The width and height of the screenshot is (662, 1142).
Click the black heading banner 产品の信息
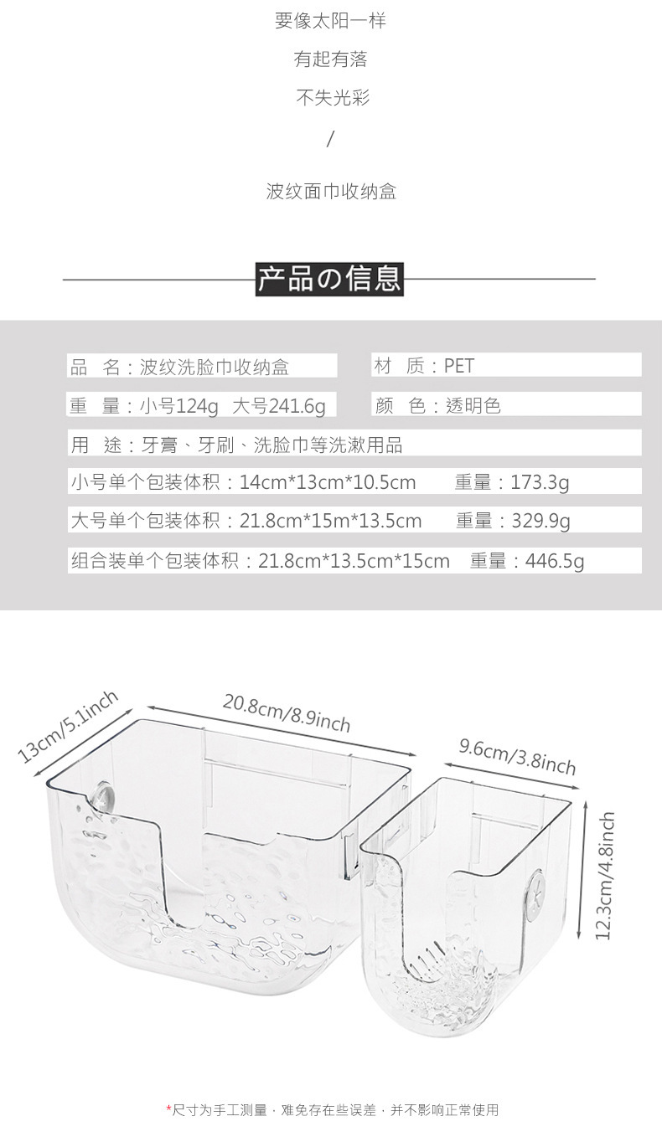[329, 279]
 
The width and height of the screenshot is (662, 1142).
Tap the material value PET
[459, 366]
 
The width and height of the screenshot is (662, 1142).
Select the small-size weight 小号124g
[178, 406]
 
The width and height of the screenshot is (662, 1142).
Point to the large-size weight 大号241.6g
[278, 406]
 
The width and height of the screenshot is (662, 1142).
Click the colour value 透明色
[473, 406]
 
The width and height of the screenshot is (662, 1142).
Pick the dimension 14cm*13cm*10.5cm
[328, 482]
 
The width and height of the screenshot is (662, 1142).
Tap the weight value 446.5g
[555, 561]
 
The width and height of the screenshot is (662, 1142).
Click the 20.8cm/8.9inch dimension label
[287, 712]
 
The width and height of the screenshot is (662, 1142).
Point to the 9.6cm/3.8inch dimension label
[518, 756]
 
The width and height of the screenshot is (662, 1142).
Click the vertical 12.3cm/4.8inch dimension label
[605, 875]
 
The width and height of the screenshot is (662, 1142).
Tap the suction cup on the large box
[104, 795]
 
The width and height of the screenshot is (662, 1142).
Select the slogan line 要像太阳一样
[330, 21]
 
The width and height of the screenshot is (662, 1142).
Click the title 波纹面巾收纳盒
[331, 192]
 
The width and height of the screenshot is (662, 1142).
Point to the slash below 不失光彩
[330, 139]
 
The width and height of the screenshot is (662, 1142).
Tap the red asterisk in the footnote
[168, 1109]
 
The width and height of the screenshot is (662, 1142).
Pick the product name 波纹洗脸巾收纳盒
[214, 367]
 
